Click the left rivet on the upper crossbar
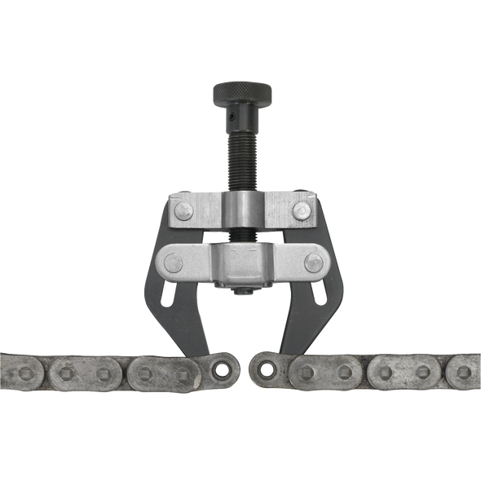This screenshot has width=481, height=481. [x=183, y=211]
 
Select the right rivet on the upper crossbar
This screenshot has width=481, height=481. [x=301, y=211]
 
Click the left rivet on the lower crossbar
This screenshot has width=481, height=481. [x=173, y=263]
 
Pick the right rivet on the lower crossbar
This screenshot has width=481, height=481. [x=311, y=263]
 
